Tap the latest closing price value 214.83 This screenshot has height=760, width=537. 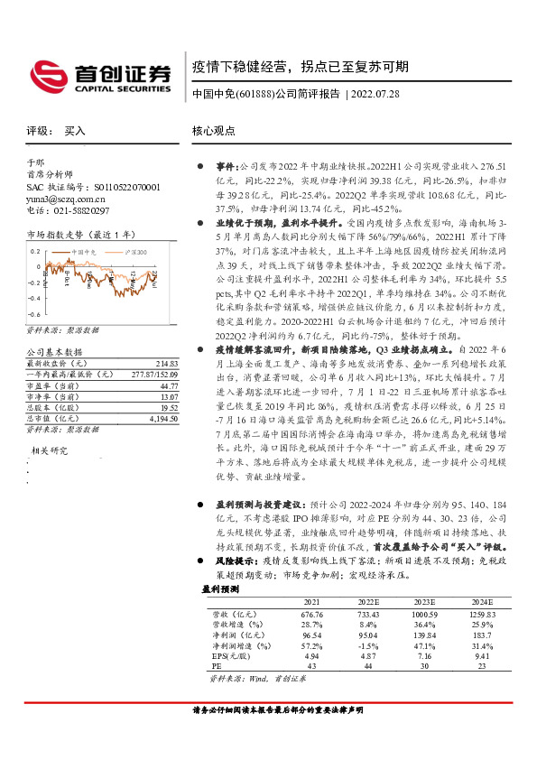167,362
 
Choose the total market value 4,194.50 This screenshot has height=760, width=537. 162,418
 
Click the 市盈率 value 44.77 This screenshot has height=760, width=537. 169,385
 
